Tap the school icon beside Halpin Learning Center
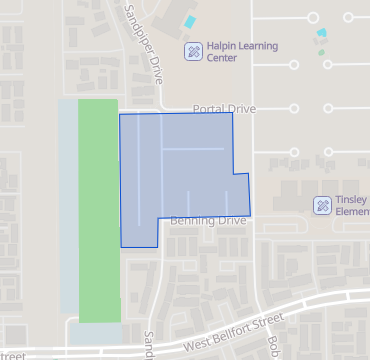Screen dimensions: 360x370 point(193,50)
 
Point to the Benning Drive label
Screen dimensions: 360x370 point(207,220)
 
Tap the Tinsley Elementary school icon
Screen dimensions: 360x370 point(322,205)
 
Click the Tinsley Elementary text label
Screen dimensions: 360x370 point(353,205)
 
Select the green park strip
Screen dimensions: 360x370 point(98,210)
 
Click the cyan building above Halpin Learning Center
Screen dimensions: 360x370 point(189,21)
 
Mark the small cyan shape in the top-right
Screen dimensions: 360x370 point(320,33)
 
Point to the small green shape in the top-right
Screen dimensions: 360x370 point(322,52)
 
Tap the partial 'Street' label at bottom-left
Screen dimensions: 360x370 point(11,355)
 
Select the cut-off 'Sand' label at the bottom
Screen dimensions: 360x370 point(150,346)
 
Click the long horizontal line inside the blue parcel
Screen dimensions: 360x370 point(193,149)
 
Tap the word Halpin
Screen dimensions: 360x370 point(223,46)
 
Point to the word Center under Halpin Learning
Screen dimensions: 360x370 point(222,58)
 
